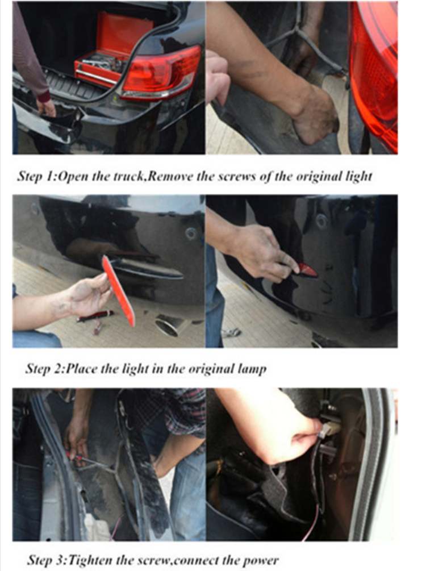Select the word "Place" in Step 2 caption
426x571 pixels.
tap(82, 369)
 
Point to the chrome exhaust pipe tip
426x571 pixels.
tap(168, 327)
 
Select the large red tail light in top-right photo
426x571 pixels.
tap(374, 73)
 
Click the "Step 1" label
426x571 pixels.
tap(35, 177)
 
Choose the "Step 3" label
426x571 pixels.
tap(46, 560)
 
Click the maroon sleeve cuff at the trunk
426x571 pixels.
tap(44, 97)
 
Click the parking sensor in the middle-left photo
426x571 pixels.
tap(191, 234)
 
